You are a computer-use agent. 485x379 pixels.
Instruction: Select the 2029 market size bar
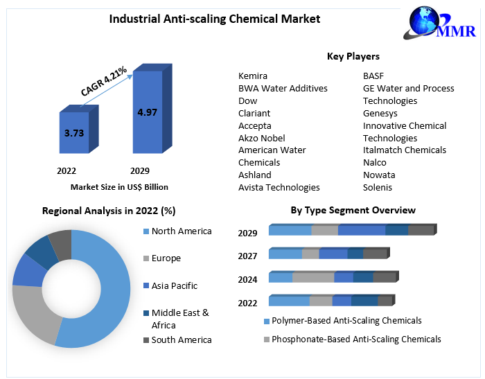(x=147, y=111)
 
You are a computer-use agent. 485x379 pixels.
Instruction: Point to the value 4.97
(x=147, y=112)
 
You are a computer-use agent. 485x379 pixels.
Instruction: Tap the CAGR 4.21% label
(x=104, y=81)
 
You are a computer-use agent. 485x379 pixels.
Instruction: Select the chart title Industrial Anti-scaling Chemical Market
(x=215, y=19)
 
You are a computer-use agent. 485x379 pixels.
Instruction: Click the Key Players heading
(x=353, y=56)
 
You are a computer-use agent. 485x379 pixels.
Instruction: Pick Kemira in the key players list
(x=253, y=76)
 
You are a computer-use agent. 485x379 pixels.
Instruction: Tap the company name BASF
(x=373, y=76)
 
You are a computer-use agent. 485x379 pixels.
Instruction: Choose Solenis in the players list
(x=378, y=187)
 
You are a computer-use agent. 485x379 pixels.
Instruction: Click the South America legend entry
(x=182, y=340)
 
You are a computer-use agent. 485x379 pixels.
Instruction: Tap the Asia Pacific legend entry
(x=174, y=285)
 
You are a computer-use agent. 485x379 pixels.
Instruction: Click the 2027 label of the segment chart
(x=247, y=256)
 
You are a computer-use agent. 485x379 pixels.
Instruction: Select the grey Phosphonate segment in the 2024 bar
(x=313, y=277)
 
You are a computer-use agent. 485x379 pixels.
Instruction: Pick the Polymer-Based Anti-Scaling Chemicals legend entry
(x=346, y=321)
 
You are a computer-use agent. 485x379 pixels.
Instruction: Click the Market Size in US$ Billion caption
(x=119, y=187)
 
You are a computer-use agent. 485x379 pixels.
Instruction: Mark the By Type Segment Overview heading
(x=353, y=210)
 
